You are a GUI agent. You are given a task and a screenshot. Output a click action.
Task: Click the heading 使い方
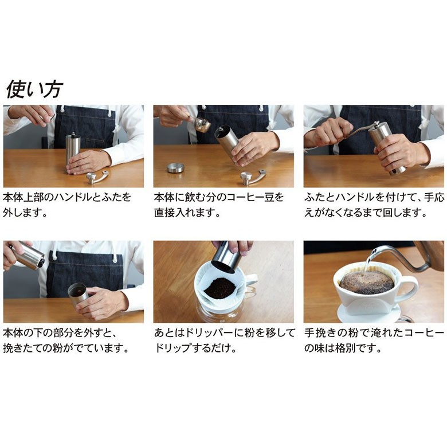pyautogui.click(x=34, y=89)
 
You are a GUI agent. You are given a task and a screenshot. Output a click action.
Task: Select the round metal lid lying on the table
pyautogui.click(x=175, y=168)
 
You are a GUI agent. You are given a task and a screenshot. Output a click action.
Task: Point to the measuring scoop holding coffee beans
pyautogui.click(x=202, y=125)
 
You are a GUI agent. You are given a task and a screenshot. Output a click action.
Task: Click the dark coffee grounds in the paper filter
pyautogui.click(x=220, y=288)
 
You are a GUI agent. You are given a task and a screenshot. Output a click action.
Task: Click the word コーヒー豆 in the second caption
pyautogui.click(x=256, y=198)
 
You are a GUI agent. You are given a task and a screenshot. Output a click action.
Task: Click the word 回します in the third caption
pyautogui.click(x=404, y=213)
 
